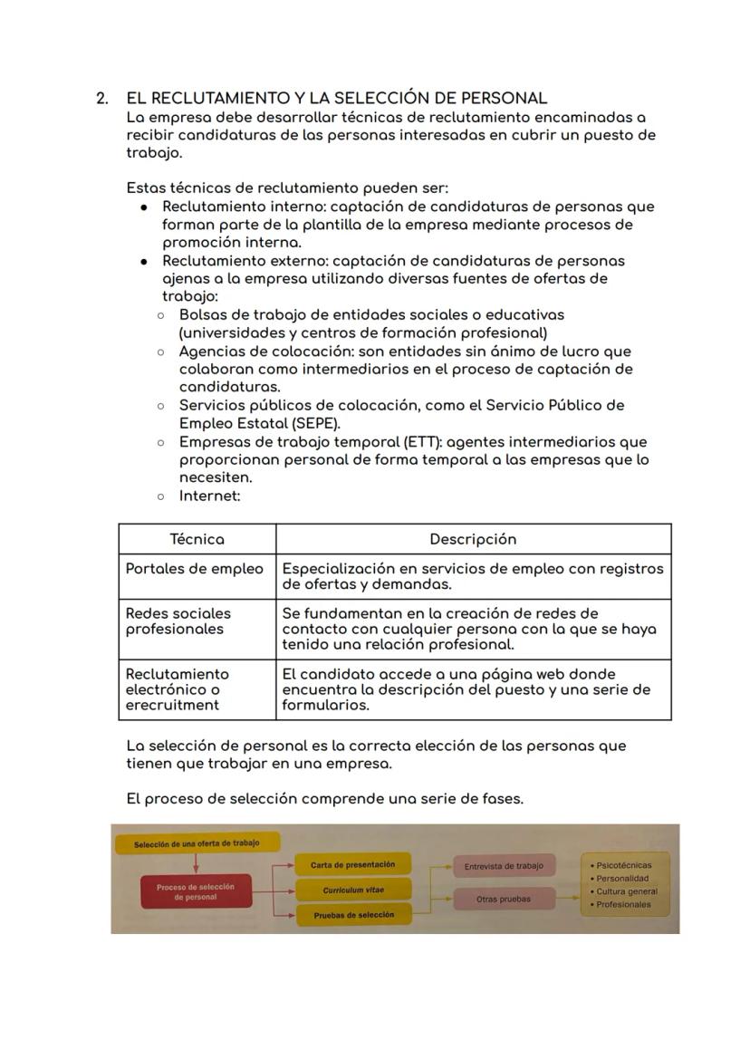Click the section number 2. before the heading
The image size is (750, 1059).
click(102, 98)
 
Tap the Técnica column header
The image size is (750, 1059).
click(197, 539)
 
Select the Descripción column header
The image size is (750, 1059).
click(473, 539)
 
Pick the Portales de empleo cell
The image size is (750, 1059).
click(195, 569)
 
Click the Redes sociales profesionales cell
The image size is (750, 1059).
click(178, 621)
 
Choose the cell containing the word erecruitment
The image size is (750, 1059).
click(172, 705)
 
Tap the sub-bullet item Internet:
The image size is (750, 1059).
click(209, 496)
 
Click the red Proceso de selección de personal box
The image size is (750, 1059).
click(195, 891)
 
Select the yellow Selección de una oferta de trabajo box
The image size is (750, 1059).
click(197, 843)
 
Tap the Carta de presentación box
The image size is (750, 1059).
click(353, 865)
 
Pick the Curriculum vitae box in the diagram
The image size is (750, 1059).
click(353, 891)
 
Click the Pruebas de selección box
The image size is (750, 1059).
click(353, 915)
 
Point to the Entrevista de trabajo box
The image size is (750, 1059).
click(504, 866)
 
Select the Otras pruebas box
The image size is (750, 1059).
click(504, 900)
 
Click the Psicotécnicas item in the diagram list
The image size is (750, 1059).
click(623, 865)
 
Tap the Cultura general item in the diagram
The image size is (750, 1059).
click(627, 891)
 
